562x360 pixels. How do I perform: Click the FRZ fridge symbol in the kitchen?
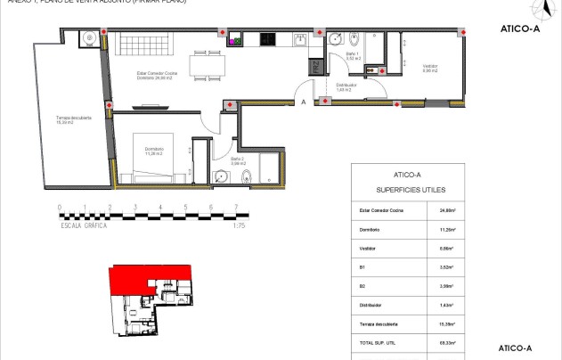314,69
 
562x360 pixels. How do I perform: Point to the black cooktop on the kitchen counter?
267,38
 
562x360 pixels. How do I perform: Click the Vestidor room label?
428,69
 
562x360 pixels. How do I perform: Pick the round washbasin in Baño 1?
335,38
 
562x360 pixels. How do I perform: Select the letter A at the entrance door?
304,102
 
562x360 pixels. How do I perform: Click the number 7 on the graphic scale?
235,209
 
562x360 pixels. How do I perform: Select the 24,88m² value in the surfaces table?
448,211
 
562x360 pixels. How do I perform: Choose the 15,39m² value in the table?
448,323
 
